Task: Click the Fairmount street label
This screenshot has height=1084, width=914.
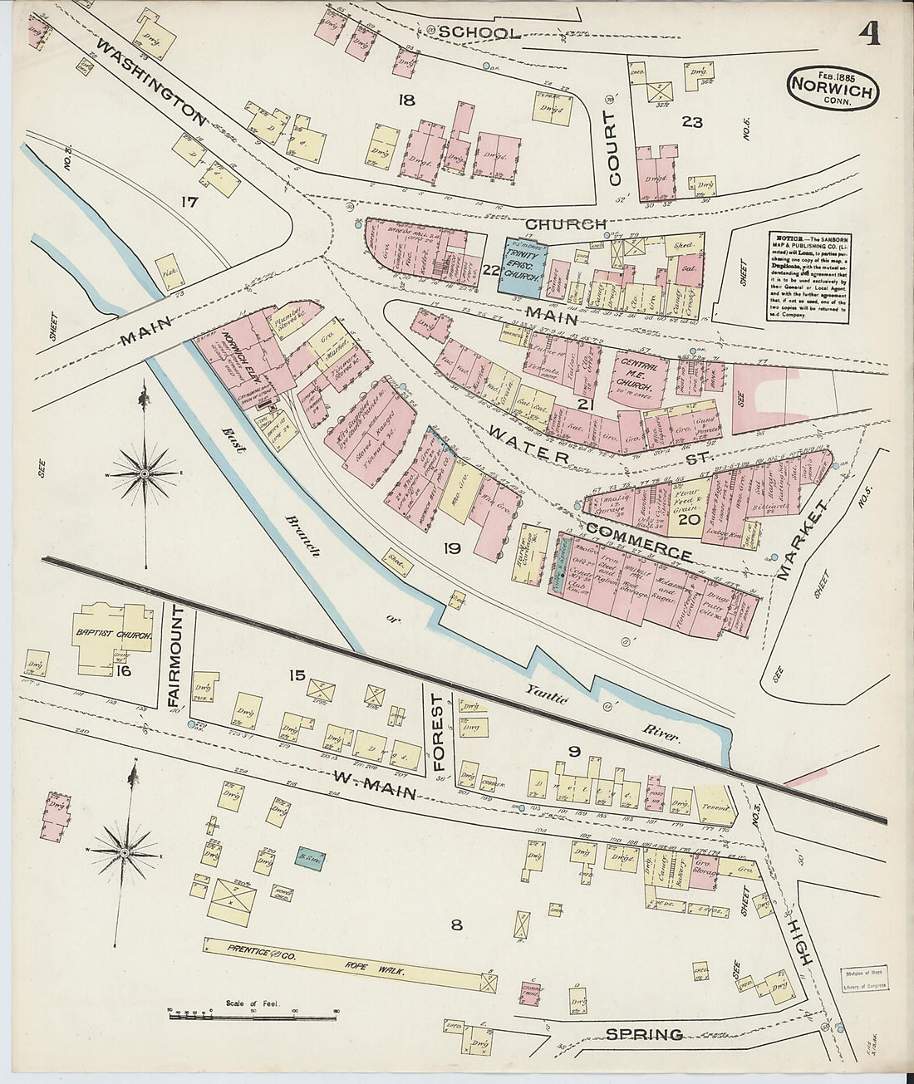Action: [174, 655]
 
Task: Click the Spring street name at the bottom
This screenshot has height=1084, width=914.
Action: [644, 1034]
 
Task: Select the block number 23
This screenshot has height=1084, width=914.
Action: [692, 123]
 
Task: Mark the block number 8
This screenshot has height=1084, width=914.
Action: [455, 924]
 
